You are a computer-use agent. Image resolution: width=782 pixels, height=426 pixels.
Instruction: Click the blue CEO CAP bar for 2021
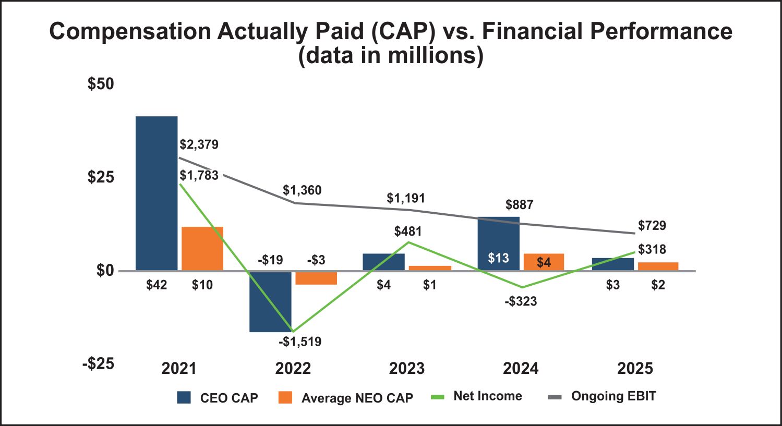tap(157, 193)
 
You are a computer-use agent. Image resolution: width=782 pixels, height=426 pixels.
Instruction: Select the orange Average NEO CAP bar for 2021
tap(202, 248)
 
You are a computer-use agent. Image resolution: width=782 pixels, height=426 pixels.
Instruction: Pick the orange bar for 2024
tap(544, 262)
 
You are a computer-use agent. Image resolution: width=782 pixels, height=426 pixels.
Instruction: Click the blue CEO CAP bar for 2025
tap(613, 264)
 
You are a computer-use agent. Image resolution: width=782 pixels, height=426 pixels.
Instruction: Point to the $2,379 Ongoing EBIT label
tap(199, 144)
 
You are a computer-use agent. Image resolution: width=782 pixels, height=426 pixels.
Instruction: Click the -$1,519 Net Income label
tap(300, 342)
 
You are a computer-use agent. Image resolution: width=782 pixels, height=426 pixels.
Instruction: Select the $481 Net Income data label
tap(408, 231)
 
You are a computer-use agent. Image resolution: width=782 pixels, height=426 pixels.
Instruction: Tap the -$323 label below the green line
tap(521, 301)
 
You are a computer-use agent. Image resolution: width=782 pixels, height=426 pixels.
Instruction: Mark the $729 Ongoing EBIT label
tap(652, 226)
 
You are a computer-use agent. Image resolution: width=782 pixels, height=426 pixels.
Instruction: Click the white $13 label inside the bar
tap(498, 258)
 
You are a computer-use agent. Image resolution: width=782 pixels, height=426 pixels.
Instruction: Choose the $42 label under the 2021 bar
tap(157, 285)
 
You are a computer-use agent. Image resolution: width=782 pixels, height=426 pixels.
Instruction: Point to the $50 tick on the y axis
tap(101, 84)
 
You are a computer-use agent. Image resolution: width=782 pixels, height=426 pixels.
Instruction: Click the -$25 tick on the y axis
tap(98, 363)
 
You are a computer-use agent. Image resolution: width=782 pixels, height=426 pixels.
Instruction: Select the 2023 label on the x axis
tap(407, 369)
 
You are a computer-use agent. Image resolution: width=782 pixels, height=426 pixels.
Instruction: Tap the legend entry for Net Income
tap(477, 396)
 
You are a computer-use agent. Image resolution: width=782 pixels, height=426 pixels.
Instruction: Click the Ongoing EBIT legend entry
tap(603, 396)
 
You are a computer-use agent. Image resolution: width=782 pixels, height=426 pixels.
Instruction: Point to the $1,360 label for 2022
tap(302, 190)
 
